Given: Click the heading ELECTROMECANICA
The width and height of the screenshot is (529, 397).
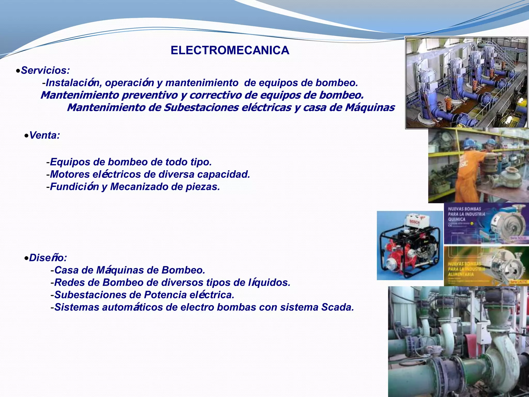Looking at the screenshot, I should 230,50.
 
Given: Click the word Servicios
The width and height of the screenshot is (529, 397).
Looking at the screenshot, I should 45,70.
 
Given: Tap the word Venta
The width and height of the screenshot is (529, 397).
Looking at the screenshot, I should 44,135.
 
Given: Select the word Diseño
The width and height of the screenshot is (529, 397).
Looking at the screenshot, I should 48,258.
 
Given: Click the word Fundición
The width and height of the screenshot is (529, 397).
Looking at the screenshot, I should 74,187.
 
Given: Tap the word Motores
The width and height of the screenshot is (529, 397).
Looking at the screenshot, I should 70,174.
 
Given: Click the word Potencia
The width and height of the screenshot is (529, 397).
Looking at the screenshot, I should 165,295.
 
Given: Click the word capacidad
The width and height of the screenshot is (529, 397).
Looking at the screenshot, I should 223,174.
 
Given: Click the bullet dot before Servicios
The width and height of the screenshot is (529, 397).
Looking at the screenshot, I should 18,71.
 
